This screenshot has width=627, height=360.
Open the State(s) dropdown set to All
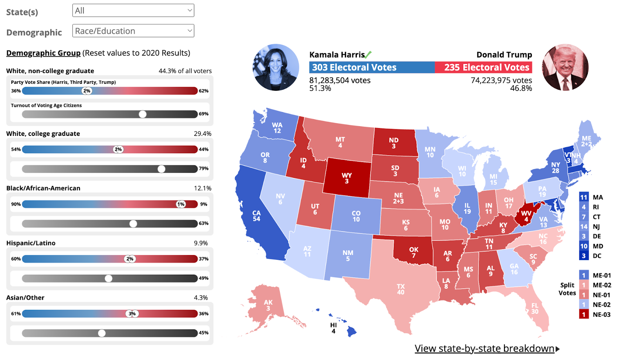133,11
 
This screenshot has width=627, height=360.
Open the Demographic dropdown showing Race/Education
133,31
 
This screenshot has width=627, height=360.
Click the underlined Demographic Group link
43,53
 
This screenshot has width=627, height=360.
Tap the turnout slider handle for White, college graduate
161,169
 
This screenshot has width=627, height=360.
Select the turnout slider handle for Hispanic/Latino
109,279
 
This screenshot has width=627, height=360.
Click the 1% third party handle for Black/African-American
181,204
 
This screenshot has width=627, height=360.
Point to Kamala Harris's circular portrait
276,67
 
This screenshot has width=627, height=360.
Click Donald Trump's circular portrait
565,67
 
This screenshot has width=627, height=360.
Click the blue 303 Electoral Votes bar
371,67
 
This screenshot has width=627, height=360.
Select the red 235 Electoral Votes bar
484,67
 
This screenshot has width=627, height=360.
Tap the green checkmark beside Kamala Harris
368,54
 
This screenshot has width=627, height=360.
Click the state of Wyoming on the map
347,178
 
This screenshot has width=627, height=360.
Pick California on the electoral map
256,216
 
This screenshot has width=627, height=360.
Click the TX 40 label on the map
400,289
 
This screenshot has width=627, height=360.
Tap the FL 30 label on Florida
535,308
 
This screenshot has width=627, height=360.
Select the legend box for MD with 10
584,246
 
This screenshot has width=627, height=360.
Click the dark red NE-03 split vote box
584,314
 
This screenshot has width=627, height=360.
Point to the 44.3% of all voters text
185,71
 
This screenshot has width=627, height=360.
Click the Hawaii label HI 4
333,328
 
